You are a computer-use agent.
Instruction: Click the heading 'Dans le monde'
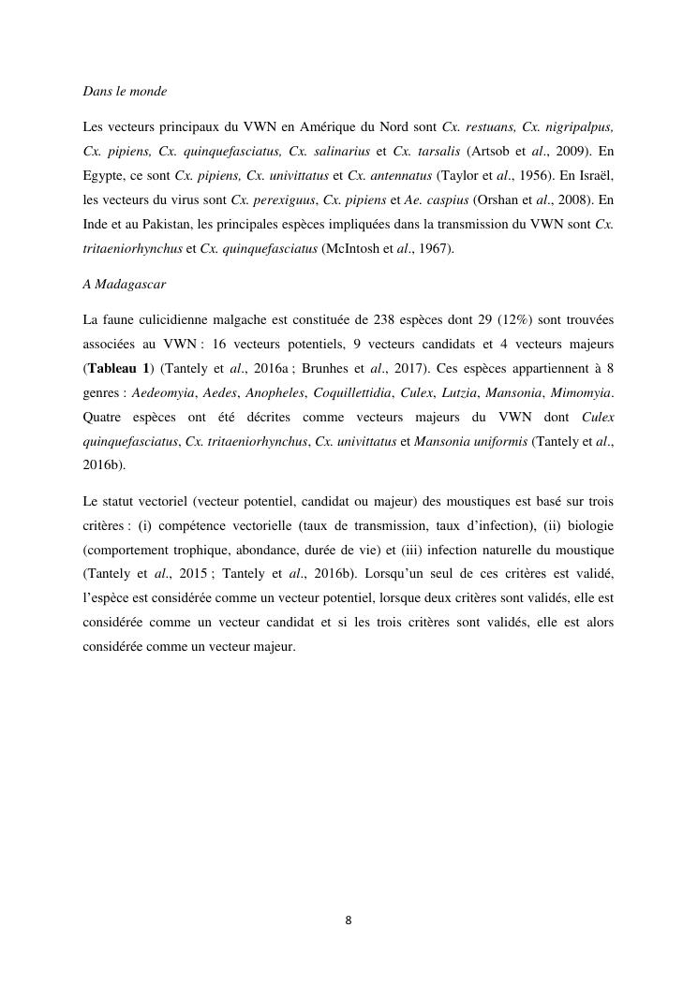pos(125,91)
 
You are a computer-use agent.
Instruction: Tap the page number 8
pos(349,920)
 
